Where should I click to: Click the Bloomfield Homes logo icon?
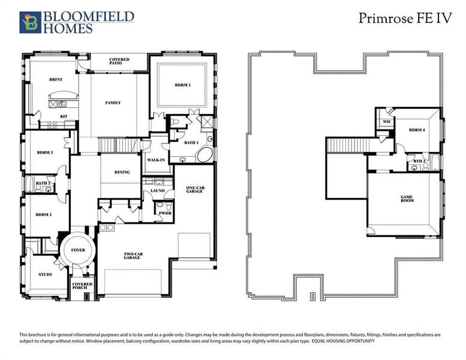coord(28,22)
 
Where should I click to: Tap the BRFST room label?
coord(56,79)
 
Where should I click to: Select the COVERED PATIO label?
coord(119,62)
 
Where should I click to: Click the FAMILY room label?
coord(113,103)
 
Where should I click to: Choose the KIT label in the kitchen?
coord(63,116)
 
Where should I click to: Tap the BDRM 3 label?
coord(44,152)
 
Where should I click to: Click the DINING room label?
coord(122,173)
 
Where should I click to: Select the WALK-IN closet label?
coord(156,160)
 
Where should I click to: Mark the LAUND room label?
coord(158,191)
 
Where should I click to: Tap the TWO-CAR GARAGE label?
coord(133,257)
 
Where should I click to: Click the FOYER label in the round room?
coord(79,249)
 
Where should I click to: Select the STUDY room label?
coord(44,275)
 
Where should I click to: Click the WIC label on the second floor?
coord(386,122)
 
